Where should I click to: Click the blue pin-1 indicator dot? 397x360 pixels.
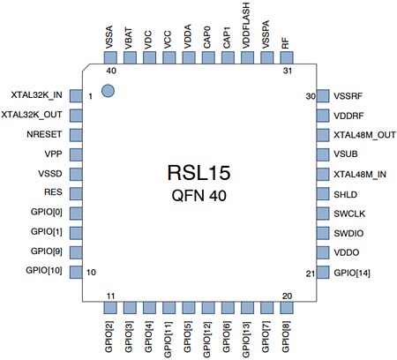tap(108, 90)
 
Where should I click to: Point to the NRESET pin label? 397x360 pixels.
tap(45, 134)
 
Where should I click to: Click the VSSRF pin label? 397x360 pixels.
tap(348, 95)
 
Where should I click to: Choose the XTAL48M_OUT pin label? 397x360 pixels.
tap(364, 134)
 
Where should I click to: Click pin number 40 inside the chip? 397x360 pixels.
tap(111, 70)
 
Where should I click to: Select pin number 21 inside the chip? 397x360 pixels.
tap(311, 273)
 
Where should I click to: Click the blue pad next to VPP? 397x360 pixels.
tap(76, 154)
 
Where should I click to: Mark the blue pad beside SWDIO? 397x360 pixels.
tap(322, 233)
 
